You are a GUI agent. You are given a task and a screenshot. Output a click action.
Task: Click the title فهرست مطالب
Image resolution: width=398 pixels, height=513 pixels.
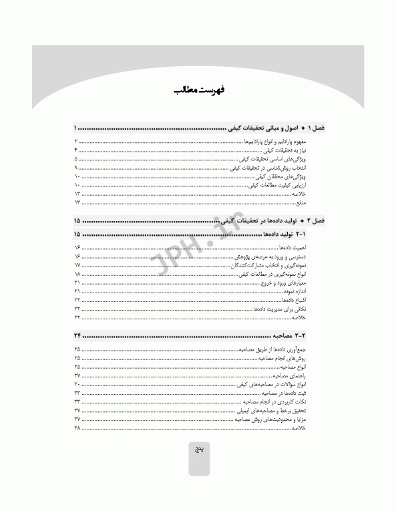coord(198,90)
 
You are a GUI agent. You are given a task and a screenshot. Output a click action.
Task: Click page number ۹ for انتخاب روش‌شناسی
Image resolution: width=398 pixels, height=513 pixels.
coord(77,168)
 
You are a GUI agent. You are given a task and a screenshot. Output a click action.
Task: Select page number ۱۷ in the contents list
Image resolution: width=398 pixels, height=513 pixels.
coord(77,266)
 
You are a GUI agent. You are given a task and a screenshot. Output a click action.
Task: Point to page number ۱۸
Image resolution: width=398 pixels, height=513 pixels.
coord(77,275)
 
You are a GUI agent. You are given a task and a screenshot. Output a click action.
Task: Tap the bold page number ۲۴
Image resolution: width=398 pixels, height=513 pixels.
coord(77,333)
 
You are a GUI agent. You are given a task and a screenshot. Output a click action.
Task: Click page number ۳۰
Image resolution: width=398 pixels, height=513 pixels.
coord(77,385)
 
